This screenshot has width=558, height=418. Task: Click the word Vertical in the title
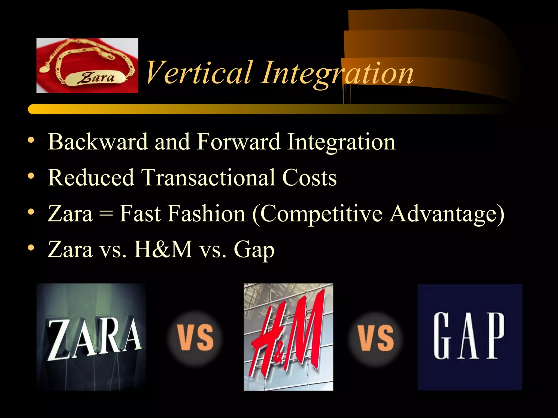(x=199, y=72)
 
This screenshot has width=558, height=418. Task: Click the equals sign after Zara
(x=106, y=214)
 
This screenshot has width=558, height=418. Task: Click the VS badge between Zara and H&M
(x=195, y=337)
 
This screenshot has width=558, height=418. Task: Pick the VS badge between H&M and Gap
(x=376, y=337)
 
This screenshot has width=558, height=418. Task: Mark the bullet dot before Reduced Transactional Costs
(x=31, y=176)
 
